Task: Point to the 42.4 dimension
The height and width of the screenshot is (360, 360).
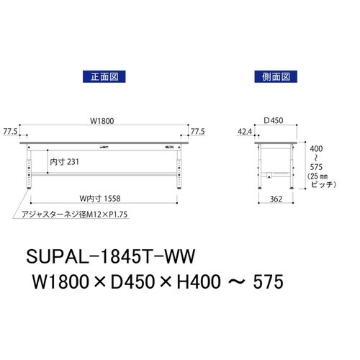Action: point(246,132)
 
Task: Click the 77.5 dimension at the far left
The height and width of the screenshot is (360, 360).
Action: point(10,132)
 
